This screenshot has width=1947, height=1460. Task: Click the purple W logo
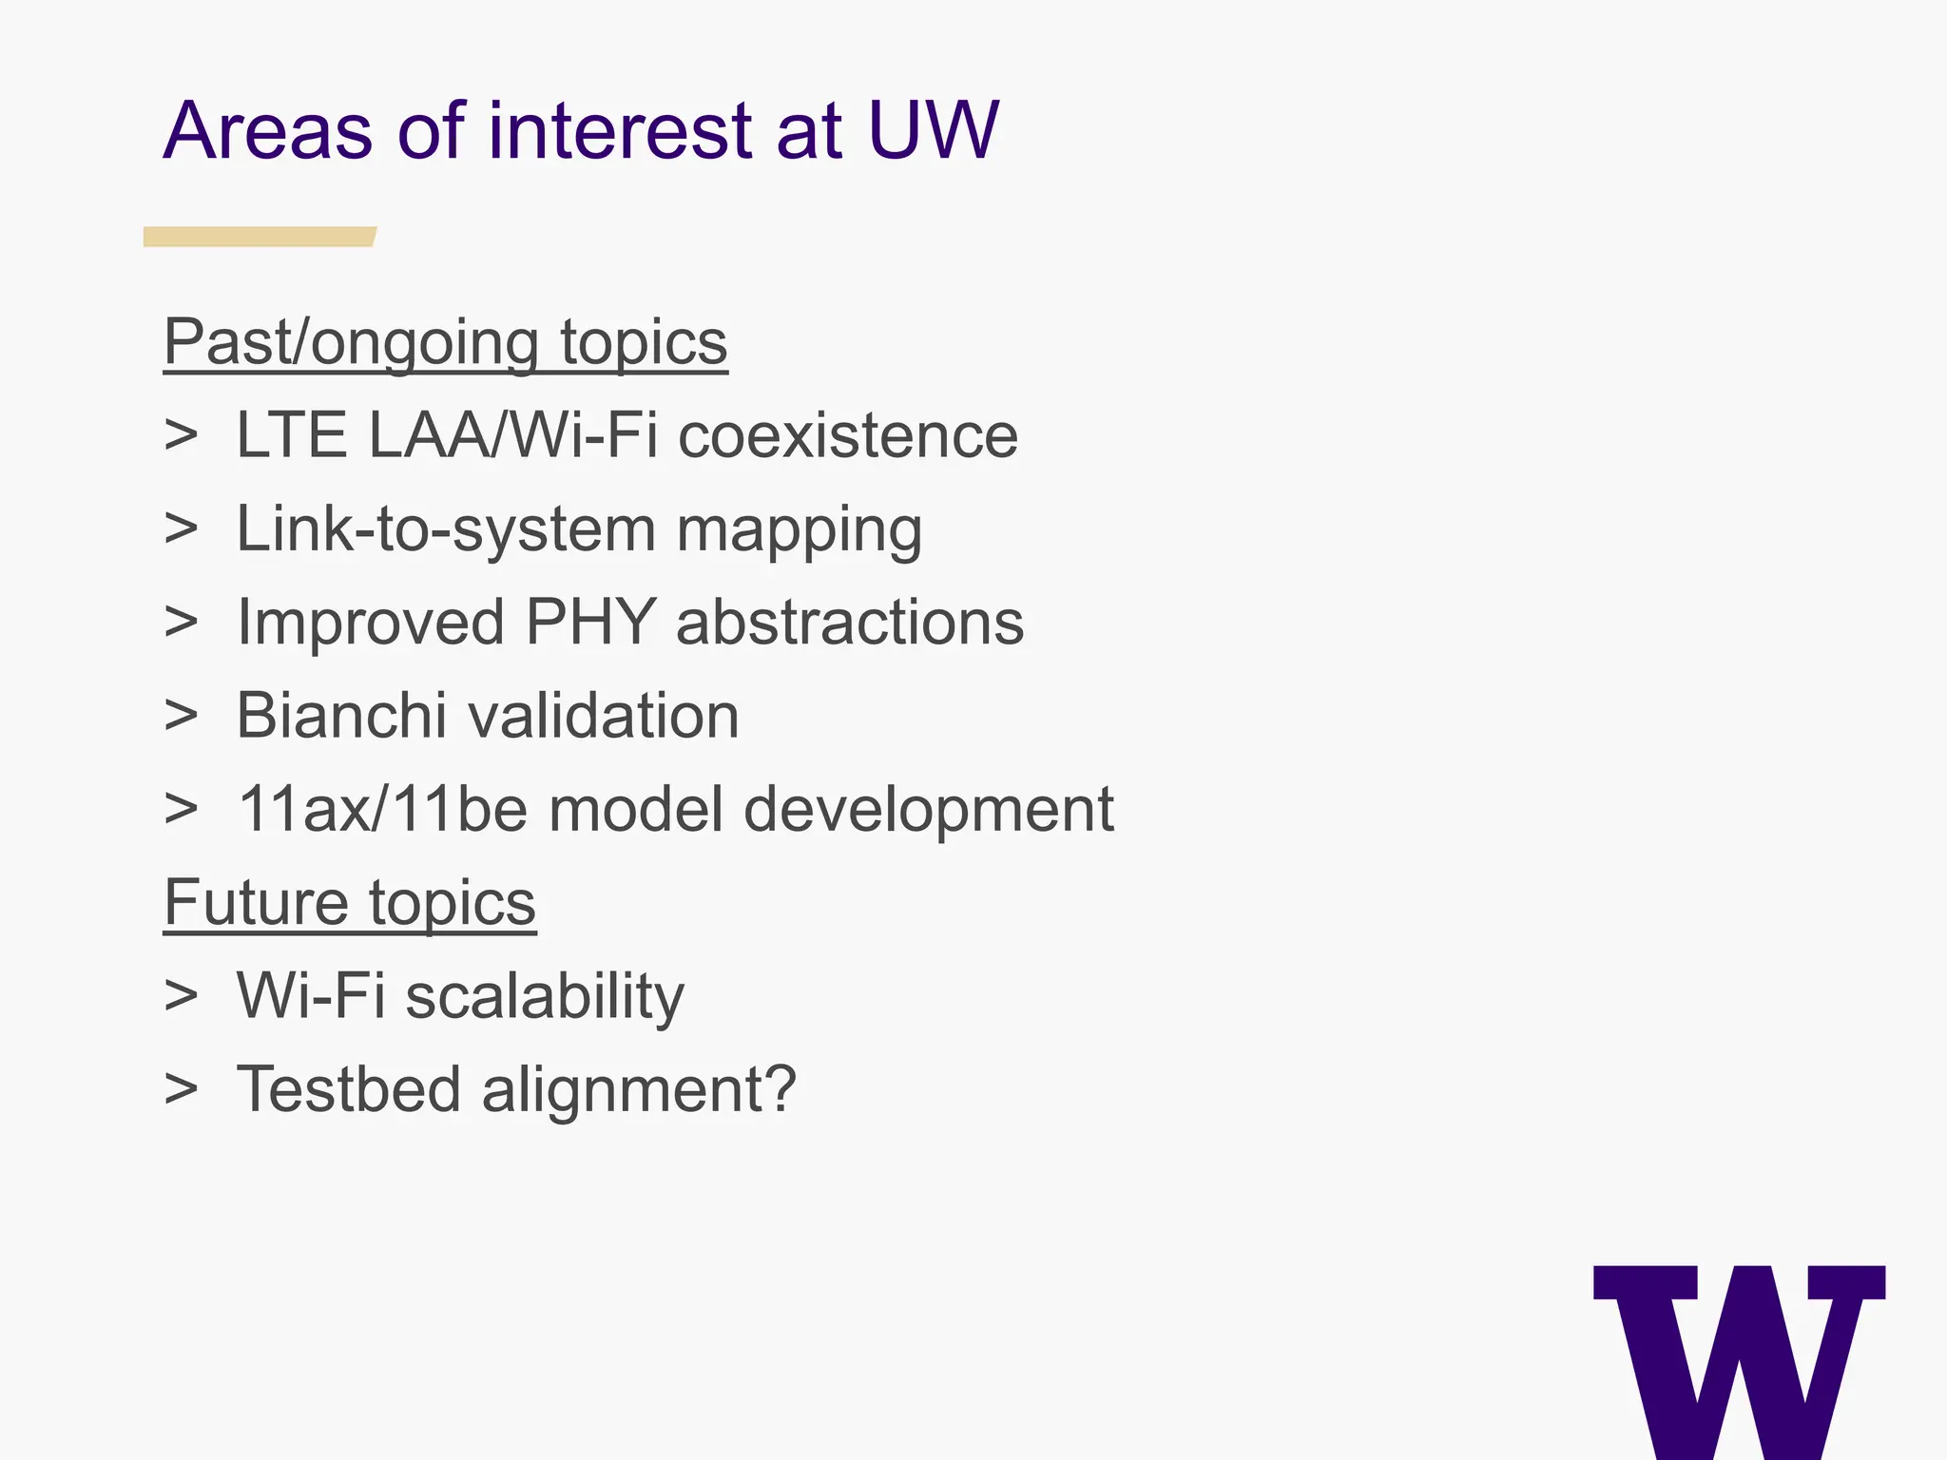pyautogui.click(x=1739, y=1359)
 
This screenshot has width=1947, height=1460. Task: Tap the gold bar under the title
pyautogui.click(x=259, y=237)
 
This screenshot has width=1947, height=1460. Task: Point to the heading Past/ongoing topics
pyautogui.click(x=445, y=342)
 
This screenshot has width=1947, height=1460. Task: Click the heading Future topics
pyautogui.click(x=350, y=902)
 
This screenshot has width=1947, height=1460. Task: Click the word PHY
pyautogui.click(x=590, y=623)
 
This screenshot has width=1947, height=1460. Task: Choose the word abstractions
pyautogui.click(x=850, y=623)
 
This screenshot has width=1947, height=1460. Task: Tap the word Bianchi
pyautogui.click(x=340, y=716)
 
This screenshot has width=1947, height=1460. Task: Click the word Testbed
pyautogui.click(x=348, y=1088)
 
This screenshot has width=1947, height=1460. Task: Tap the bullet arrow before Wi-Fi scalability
pyautogui.click(x=181, y=996)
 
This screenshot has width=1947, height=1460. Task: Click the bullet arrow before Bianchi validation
pyautogui.click(x=181, y=716)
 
